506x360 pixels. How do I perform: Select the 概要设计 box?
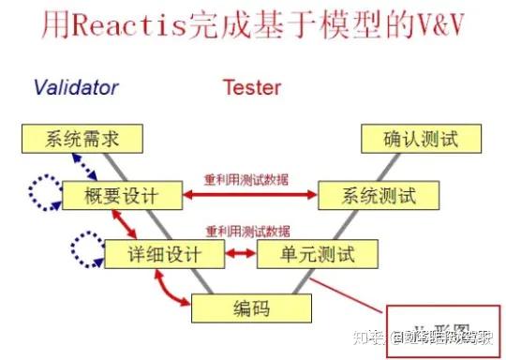[x=122, y=197]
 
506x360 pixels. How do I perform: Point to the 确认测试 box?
[x=423, y=141]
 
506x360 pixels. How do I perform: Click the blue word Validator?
[x=76, y=88]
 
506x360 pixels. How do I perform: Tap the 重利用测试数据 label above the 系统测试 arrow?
[x=246, y=180]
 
